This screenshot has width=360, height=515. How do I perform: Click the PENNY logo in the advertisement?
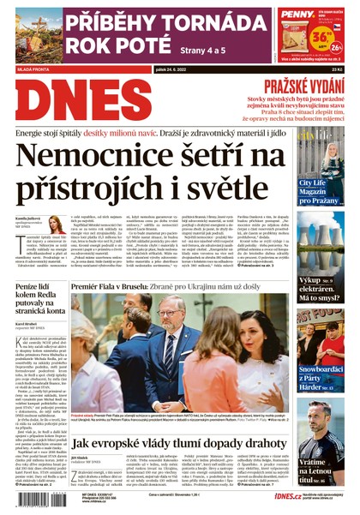[x=297, y=15]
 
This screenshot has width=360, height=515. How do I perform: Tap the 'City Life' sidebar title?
[x=311, y=183]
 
